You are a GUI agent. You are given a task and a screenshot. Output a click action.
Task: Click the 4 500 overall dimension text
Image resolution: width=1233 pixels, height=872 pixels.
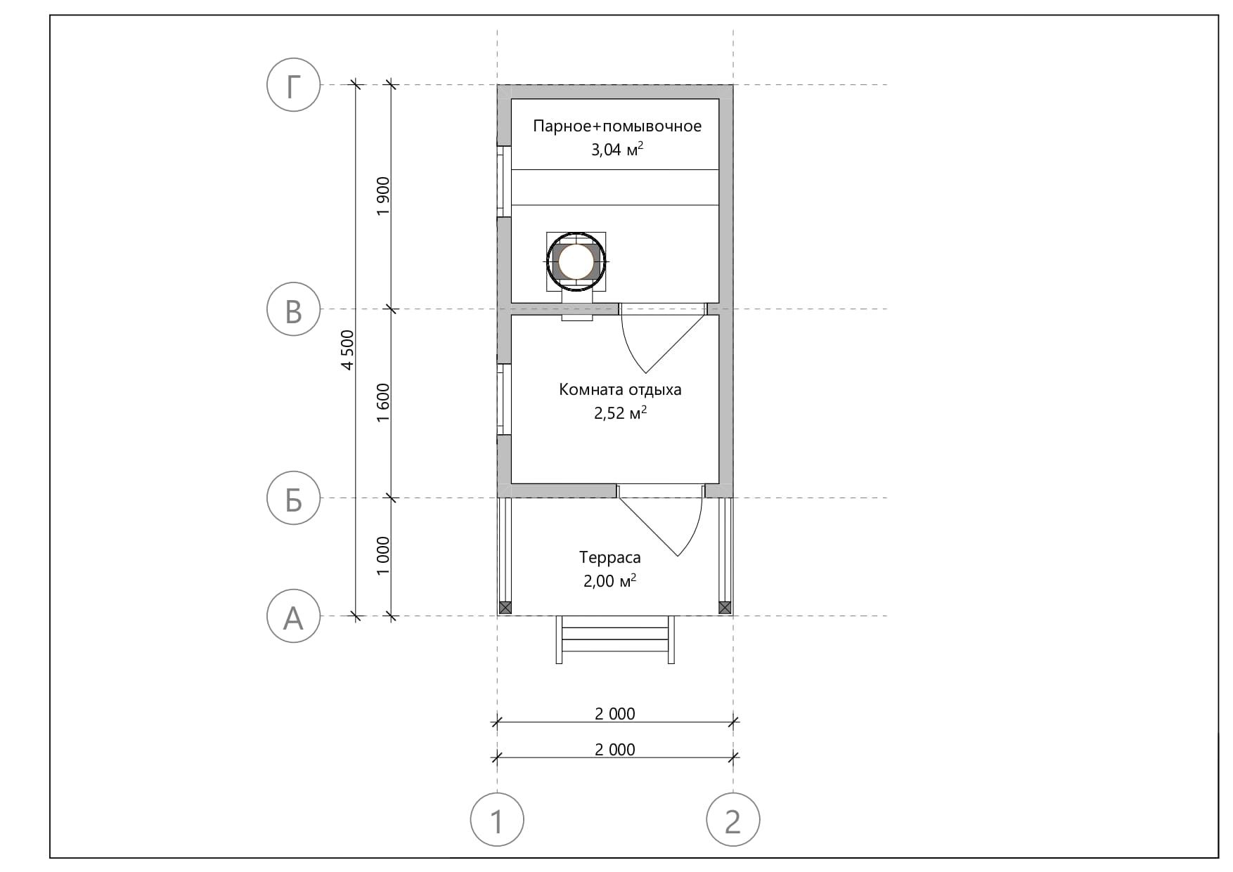coord(347,350)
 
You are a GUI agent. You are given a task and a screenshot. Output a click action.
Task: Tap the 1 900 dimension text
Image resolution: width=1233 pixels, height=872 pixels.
coord(383,197)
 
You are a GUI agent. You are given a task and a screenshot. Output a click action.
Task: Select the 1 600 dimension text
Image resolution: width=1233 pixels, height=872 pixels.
coord(383,403)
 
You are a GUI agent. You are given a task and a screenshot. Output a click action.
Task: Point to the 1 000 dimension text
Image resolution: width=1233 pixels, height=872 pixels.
coord(383,556)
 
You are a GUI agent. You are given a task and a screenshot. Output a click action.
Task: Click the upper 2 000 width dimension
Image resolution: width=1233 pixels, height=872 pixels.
coord(615,714)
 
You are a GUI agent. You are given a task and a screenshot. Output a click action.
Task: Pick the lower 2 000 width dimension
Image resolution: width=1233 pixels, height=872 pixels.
coord(615,750)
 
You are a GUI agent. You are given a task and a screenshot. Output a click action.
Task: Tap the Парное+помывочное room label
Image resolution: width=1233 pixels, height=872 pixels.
coord(617,126)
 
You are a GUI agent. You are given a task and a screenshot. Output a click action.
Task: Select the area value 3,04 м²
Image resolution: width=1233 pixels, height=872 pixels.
coord(617,149)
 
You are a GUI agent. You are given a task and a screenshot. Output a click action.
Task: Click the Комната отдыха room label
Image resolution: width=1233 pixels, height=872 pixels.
coord(620,390)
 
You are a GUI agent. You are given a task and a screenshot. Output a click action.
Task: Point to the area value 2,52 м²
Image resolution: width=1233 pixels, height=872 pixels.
coord(620,412)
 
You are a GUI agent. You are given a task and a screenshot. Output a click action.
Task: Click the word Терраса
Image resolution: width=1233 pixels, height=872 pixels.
coord(610,558)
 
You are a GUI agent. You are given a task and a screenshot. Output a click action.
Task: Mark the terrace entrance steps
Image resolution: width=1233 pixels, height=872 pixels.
coord(616,639)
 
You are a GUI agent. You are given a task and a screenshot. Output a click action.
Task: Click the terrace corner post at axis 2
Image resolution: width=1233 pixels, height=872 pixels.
coord(725,608)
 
